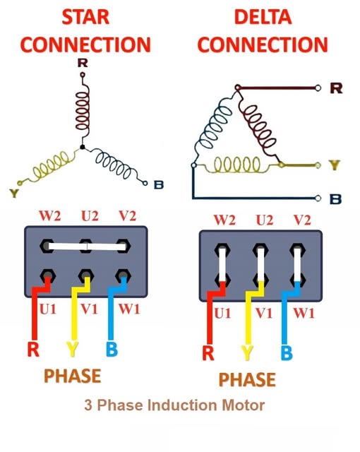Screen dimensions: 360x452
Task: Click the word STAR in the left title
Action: coord(85,17)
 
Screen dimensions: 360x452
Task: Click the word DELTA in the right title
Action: coord(263,17)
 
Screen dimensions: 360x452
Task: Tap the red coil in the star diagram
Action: coord(83,111)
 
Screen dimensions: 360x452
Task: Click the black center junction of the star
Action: coord(83,147)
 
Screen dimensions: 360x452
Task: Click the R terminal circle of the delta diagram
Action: coord(318,88)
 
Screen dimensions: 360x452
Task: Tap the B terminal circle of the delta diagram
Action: coord(318,198)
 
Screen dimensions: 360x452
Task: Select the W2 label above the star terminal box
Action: coord(50,216)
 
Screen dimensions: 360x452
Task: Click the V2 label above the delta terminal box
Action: coord(302,220)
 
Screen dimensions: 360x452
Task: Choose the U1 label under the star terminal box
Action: coord(48,309)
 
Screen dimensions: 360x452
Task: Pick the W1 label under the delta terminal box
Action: coord(304,314)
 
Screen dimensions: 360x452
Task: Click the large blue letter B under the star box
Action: coord(112,349)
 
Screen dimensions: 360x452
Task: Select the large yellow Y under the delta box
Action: coord(247,353)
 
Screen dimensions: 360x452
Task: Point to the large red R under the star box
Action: coord(33,349)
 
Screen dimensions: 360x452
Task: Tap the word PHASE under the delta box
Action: coord(247,379)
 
